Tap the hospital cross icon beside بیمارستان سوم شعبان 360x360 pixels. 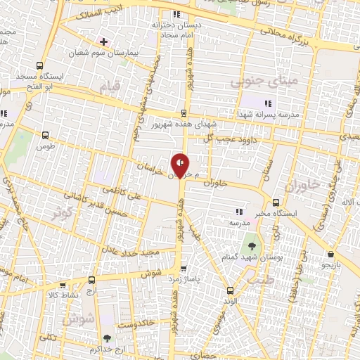pyautogui.click(x=104, y=41)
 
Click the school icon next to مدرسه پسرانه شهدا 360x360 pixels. pyautogui.click(x=266, y=104)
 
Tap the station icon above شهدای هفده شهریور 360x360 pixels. pyautogui.click(x=184, y=112)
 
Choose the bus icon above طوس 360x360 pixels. pyautogui.click(x=46, y=136)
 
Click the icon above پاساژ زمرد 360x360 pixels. pyautogui.click(x=184, y=268)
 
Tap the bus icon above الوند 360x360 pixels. pyautogui.click(x=230, y=290)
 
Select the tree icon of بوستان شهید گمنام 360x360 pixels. pyautogui.click(x=252, y=247)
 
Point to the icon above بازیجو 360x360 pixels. pyautogui.click(x=330, y=254)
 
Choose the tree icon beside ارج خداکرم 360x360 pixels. pyautogui.click(x=107, y=338)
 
